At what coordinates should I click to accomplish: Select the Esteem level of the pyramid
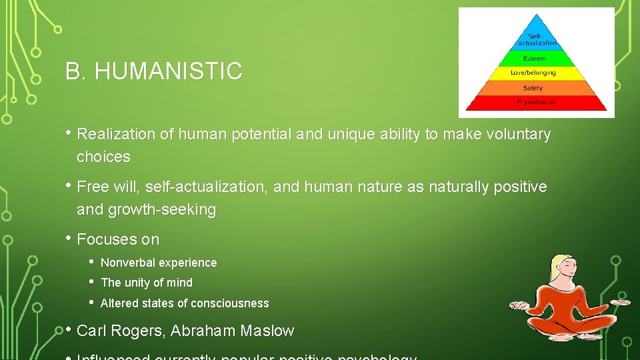pos(535,59)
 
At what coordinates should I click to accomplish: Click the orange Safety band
pos(533,87)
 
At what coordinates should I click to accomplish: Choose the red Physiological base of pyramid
pos(535,102)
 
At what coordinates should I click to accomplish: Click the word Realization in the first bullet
pos(117,135)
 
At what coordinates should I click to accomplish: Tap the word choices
pos(103,157)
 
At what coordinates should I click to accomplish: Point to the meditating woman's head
pos(560,270)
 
